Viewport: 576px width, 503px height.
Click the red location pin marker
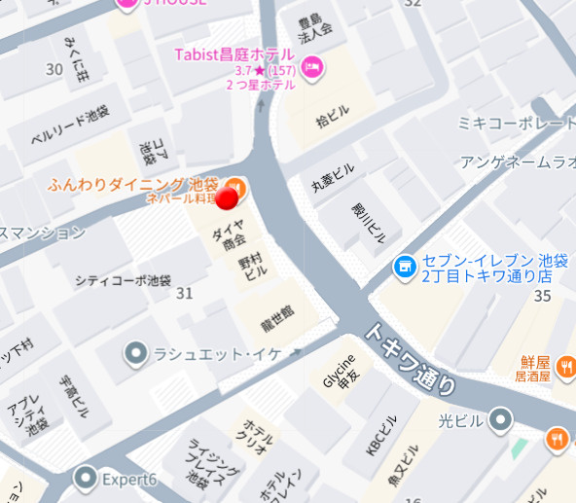(x=227, y=198)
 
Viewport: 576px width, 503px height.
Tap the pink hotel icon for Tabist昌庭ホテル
(x=313, y=66)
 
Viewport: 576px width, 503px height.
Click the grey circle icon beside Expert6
(x=87, y=478)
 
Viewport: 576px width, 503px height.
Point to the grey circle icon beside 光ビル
(x=500, y=419)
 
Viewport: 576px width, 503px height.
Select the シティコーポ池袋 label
(x=123, y=279)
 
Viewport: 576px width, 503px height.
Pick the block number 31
(x=184, y=293)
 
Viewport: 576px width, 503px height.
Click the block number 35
(x=543, y=297)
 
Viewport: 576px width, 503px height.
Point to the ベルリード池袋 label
(x=70, y=125)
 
